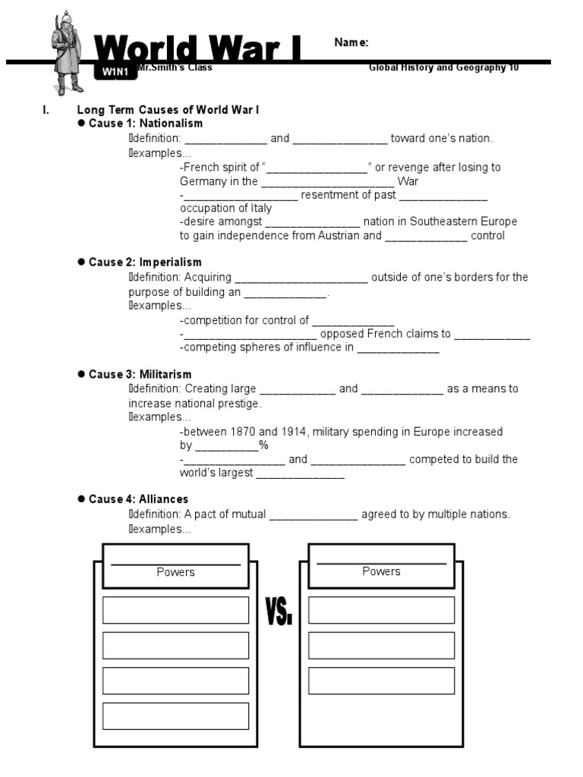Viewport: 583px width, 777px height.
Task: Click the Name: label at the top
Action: pyautogui.click(x=351, y=43)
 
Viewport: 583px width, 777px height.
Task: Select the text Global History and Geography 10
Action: pyautogui.click(x=443, y=68)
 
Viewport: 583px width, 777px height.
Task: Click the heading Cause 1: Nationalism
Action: pyautogui.click(x=146, y=123)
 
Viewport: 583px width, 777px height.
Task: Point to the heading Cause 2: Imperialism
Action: pyautogui.click(x=145, y=263)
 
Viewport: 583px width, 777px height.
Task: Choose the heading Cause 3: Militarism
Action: pyautogui.click(x=140, y=374)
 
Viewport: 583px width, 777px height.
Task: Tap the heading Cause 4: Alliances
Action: pyautogui.click(x=138, y=499)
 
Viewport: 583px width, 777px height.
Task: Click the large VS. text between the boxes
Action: pyautogui.click(x=279, y=611)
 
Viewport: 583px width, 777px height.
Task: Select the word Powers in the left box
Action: pyautogui.click(x=175, y=572)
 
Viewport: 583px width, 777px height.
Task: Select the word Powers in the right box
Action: pyautogui.click(x=381, y=571)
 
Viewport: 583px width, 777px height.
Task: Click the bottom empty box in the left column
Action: pyautogui.click(x=175, y=716)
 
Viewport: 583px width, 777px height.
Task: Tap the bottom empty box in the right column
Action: pyautogui.click(x=381, y=681)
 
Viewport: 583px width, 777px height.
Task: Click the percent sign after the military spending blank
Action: pyautogui.click(x=263, y=445)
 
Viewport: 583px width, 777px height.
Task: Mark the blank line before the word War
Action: pyautogui.click(x=327, y=181)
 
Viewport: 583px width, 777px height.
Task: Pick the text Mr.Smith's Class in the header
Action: pyautogui.click(x=175, y=68)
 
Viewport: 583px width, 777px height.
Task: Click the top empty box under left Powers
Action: pyautogui.click(x=175, y=610)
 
